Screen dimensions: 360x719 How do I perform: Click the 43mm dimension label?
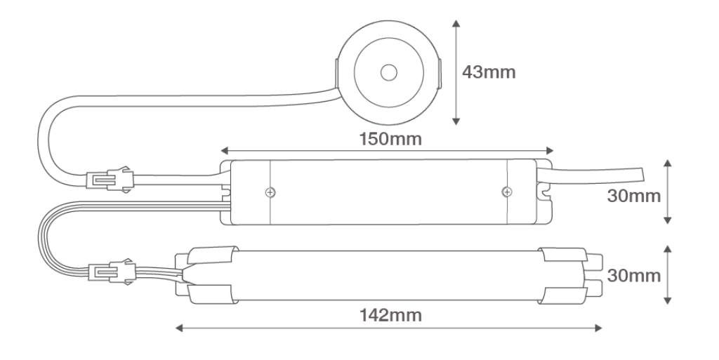pyautogui.click(x=489, y=72)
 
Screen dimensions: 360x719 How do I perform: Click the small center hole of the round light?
pyautogui.click(x=387, y=72)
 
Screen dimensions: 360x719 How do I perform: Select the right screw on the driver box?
pyautogui.click(x=506, y=192)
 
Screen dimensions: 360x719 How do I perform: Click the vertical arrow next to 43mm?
pyautogui.click(x=457, y=72)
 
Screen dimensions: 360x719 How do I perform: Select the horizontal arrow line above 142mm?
pyautogui.click(x=387, y=328)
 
